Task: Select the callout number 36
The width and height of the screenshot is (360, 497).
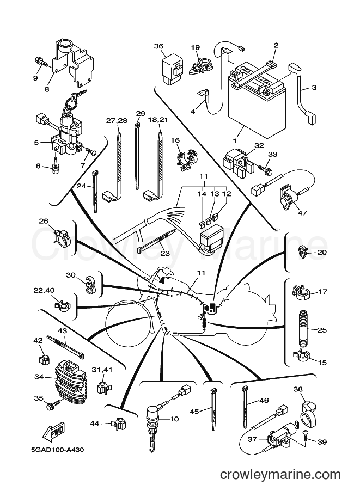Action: [158, 46]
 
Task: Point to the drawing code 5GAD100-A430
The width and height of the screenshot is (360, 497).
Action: [57, 450]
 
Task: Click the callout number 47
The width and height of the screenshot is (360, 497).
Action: [302, 213]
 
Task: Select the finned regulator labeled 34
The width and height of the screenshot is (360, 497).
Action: [70, 384]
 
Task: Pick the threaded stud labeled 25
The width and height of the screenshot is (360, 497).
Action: [302, 329]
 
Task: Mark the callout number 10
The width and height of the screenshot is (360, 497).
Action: [174, 419]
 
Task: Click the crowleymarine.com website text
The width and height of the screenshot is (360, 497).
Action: [280, 475]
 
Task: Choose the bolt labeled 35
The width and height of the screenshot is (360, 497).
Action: [53, 405]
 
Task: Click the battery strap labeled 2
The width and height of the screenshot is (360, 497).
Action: [254, 73]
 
